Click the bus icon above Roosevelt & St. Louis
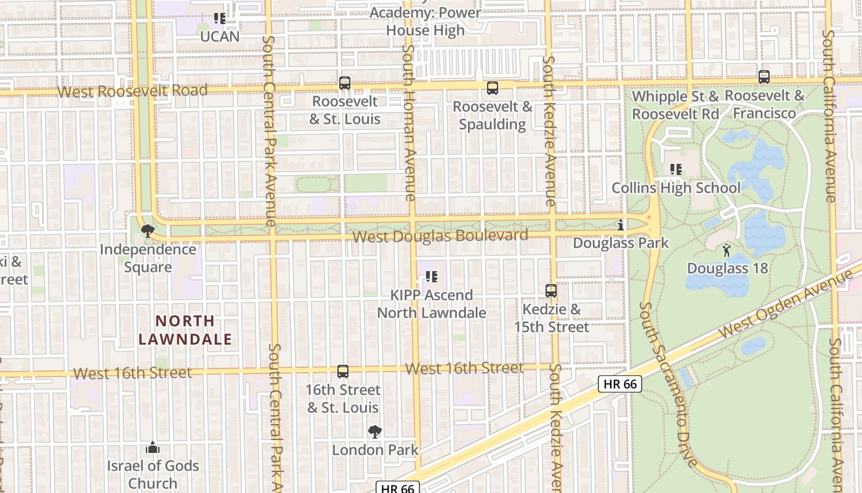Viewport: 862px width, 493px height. pyautogui.click(x=345, y=83)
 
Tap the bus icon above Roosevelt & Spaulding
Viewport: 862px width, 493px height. pyautogui.click(x=493, y=88)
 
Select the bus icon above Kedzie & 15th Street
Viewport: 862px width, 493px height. pyautogui.click(x=551, y=290)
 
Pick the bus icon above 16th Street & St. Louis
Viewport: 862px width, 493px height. pyautogui.click(x=343, y=372)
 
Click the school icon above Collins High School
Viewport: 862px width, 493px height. pyautogui.click(x=676, y=169)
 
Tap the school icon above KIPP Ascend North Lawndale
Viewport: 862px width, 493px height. pyautogui.click(x=432, y=277)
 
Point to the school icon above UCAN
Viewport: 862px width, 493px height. pyautogui.click(x=220, y=18)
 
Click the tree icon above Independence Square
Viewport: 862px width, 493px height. pyautogui.click(x=147, y=231)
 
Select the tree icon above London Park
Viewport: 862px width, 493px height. pyautogui.click(x=375, y=431)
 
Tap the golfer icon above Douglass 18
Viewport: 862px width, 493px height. pyautogui.click(x=727, y=250)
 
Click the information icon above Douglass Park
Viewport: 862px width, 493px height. pyautogui.click(x=621, y=225)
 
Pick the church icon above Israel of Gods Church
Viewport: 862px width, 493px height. pyautogui.click(x=153, y=447)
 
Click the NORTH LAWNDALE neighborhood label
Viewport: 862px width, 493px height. pyautogui.click(x=185, y=330)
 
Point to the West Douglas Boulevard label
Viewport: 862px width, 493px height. pyautogui.click(x=440, y=236)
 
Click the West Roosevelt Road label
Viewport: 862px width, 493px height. pyautogui.click(x=132, y=91)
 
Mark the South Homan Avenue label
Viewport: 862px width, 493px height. pyautogui.click(x=408, y=123)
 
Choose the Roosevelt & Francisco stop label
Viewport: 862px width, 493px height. pyautogui.click(x=765, y=105)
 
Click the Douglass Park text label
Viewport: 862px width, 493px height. pyautogui.click(x=621, y=243)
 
